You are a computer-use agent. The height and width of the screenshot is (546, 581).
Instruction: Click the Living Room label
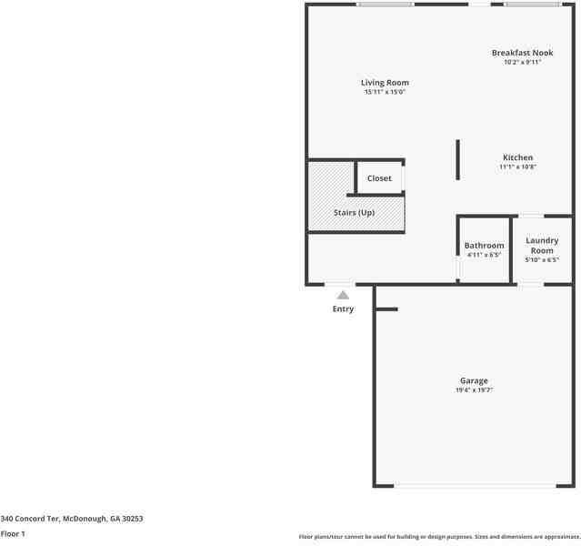(x=385, y=83)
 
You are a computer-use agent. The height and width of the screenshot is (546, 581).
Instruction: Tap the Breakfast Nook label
(x=522, y=53)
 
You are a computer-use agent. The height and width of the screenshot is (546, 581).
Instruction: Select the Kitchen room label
(x=517, y=157)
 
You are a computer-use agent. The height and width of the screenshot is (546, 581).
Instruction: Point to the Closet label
(x=379, y=178)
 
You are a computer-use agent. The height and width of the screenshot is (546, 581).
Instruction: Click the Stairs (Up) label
(x=354, y=213)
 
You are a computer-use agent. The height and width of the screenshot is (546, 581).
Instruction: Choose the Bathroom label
(x=484, y=246)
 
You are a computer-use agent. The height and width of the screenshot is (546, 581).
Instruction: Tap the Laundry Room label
(x=542, y=246)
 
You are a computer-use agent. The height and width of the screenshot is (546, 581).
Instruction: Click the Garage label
(x=474, y=380)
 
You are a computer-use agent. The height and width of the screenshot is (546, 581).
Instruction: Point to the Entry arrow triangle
(x=343, y=295)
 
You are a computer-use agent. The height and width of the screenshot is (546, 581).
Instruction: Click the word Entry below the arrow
(x=343, y=309)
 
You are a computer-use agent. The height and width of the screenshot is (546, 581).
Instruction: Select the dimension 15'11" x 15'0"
(x=385, y=92)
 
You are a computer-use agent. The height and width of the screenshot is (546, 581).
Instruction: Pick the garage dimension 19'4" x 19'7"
(x=474, y=390)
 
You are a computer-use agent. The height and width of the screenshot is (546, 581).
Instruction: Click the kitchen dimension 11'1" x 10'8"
(x=517, y=167)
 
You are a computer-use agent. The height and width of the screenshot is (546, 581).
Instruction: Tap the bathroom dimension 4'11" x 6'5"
(x=484, y=256)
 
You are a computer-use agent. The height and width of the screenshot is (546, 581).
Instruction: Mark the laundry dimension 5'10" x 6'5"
(x=542, y=260)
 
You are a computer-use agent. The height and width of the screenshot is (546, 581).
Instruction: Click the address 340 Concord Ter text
(x=72, y=519)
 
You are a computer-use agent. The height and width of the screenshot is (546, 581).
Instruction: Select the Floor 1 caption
(x=13, y=534)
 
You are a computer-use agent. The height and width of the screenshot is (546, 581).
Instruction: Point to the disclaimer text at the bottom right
(x=439, y=537)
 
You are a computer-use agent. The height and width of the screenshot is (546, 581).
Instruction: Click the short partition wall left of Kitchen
(x=457, y=160)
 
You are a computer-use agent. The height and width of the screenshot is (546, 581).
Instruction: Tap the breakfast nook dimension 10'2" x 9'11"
(x=522, y=63)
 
